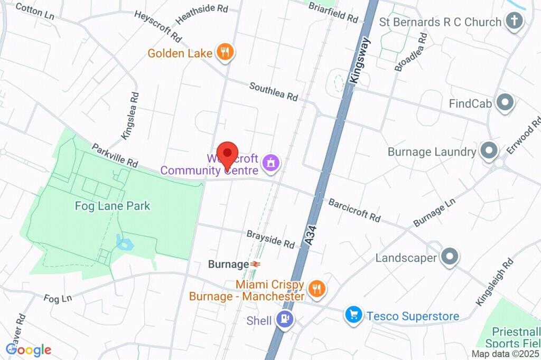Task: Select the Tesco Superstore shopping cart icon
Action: point(353,316)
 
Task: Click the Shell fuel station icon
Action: point(286,320)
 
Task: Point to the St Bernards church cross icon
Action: point(514,22)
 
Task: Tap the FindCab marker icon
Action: point(506,103)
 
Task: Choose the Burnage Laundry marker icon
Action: point(489,151)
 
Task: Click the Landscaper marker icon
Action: point(450,258)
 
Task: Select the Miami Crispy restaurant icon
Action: point(317,289)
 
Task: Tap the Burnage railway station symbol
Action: point(256,264)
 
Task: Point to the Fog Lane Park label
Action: point(113,206)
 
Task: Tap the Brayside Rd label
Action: point(270,239)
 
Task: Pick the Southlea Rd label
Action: point(274,91)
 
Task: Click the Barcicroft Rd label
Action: point(354,210)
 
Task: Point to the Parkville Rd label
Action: point(115,156)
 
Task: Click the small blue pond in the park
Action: point(126,244)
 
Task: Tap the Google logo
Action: point(29,349)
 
